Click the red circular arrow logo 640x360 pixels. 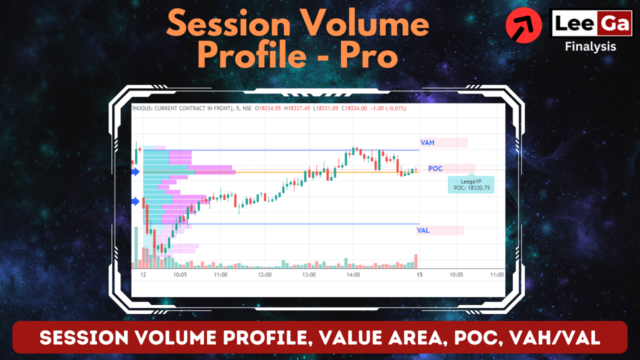(x=523, y=25)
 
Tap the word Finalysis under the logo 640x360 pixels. (x=590, y=46)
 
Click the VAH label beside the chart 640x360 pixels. (x=427, y=142)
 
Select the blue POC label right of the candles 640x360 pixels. (x=435, y=168)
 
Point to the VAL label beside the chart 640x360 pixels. (x=423, y=230)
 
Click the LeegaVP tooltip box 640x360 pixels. (x=471, y=184)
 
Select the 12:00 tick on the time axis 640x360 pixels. (x=264, y=274)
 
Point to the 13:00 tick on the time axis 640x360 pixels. (x=309, y=274)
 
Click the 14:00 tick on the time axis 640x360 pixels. (x=353, y=274)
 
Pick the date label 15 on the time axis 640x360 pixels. (x=419, y=274)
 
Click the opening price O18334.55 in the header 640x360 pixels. (x=269, y=108)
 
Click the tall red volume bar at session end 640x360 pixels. (x=415, y=261)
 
